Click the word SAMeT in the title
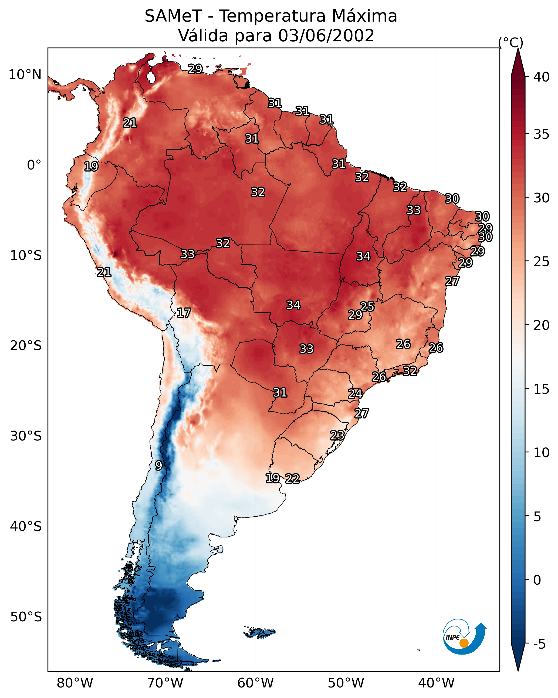(173, 16)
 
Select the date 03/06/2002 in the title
(326, 36)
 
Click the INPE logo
(464, 637)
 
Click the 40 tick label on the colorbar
(541, 77)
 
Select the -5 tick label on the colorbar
(539, 644)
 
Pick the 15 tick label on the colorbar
(541, 389)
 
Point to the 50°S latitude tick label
(26, 617)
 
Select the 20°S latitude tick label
(26, 346)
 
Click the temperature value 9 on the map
(158, 466)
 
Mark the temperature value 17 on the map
(184, 313)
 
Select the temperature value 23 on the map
(337, 435)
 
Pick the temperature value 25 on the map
(367, 306)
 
